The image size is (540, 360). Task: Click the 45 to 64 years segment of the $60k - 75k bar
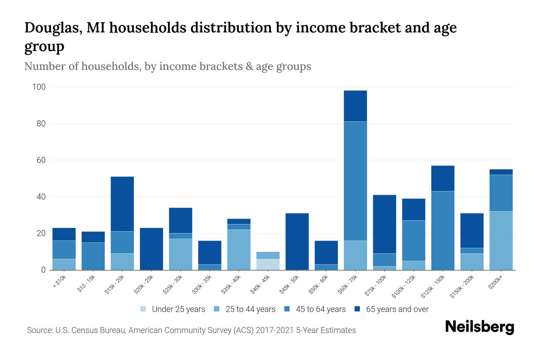(355, 181)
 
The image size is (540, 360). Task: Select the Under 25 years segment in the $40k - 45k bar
(268, 264)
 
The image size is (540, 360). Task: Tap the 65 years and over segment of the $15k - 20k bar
(122, 204)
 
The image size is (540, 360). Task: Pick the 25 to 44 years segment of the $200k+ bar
(501, 241)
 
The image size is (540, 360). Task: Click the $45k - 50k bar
(297, 241)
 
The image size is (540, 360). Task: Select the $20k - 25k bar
(151, 249)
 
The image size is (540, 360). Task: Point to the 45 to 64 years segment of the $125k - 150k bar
(443, 230)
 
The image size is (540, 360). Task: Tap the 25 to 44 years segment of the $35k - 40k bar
(239, 250)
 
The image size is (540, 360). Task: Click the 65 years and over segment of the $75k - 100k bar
(385, 224)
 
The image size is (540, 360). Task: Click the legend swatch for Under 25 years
(143, 309)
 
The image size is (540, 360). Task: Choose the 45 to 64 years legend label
(321, 309)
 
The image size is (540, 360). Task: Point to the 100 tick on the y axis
(39, 87)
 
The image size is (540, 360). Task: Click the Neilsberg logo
(479, 327)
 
